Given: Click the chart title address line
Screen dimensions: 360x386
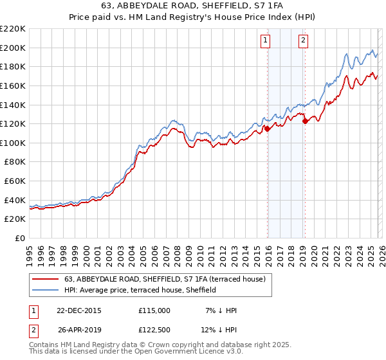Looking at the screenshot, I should coord(193,6).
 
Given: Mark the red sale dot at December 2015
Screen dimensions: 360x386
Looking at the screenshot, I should coord(268,129).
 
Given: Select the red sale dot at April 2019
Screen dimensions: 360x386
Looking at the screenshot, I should coord(305,122).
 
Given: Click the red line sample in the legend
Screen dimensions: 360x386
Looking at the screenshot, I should coord(45,279).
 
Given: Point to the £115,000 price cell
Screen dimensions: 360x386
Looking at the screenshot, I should coord(154,310).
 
